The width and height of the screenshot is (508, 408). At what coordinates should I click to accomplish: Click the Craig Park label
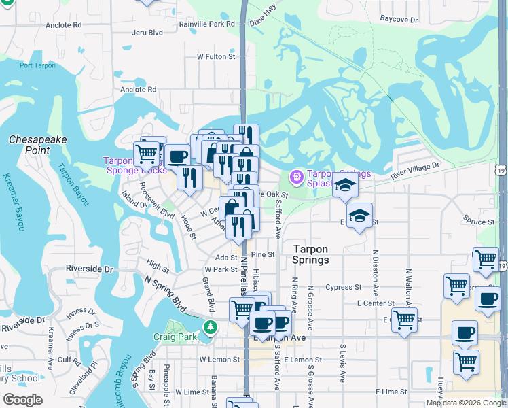click(176, 337)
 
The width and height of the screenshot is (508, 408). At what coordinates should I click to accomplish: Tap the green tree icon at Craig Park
click(211, 328)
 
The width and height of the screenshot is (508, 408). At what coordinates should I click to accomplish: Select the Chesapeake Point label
click(38, 144)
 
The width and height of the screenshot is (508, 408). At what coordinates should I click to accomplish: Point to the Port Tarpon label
click(37, 65)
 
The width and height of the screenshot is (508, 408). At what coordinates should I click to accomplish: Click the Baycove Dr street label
click(399, 20)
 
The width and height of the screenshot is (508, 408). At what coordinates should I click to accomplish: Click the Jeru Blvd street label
click(147, 32)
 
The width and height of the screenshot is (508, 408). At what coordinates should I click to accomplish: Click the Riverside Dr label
click(89, 269)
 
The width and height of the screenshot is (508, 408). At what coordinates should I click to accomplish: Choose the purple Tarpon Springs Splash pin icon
click(297, 177)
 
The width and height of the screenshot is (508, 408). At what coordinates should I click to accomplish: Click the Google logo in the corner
click(23, 399)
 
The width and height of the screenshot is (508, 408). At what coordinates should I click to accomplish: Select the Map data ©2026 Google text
click(466, 403)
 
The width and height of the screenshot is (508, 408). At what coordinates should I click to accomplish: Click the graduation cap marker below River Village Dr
click(345, 185)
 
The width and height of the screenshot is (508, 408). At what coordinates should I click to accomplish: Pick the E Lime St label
click(394, 392)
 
